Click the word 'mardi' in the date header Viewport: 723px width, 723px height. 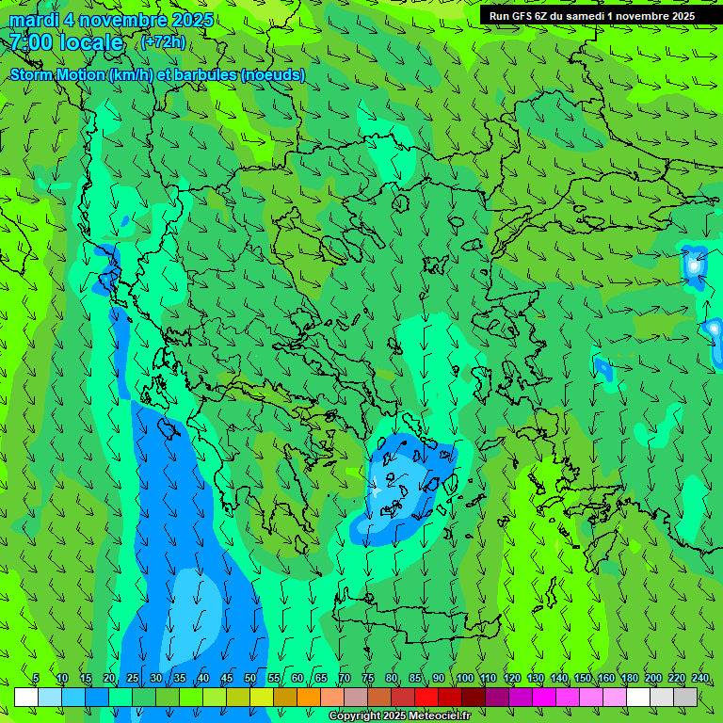pyautogui.click(x=34, y=20)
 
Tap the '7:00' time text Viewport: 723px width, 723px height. pyautogui.click(x=34, y=42)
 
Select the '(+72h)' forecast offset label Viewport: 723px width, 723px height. pyautogui.click(x=163, y=41)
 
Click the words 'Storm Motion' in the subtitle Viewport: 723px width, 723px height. pyautogui.click(x=57, y=75)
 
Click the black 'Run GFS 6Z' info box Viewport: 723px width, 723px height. pyautogui.click(x=591, y=16)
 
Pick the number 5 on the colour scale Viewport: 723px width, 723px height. pyautogui.click(x=36, y=679)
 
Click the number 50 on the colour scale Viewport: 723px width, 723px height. pyautogui.click(x=249, y=679)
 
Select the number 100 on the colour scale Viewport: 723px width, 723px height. pyautogui.click(x=464, y=679)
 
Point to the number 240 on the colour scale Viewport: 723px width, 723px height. pyautogui.click(x=700, y=679)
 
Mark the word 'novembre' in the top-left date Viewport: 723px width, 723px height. pyautogui.click(x=122, y=20)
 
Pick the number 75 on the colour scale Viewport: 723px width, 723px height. pyautogui.click(x=368, y=679)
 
